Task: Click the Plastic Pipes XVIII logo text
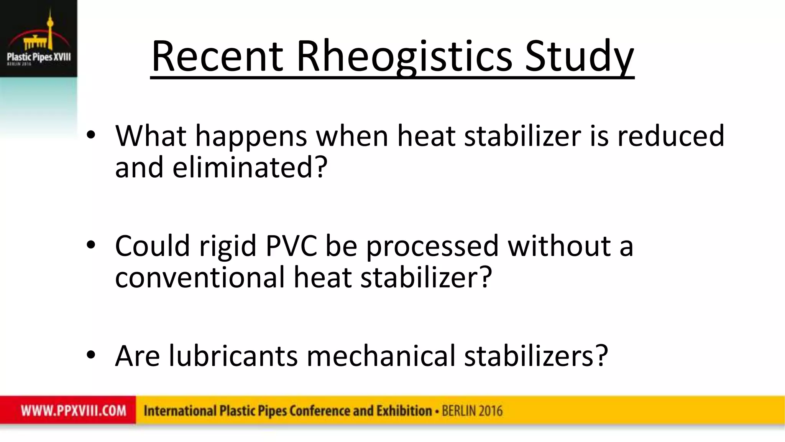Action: [39, 57]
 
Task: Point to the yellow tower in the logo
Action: [49, 23]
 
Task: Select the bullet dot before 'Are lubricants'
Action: [91, 355]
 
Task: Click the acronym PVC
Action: [291, 246]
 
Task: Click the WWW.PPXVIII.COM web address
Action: [74, 411]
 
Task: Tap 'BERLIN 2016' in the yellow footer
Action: [472, 411]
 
